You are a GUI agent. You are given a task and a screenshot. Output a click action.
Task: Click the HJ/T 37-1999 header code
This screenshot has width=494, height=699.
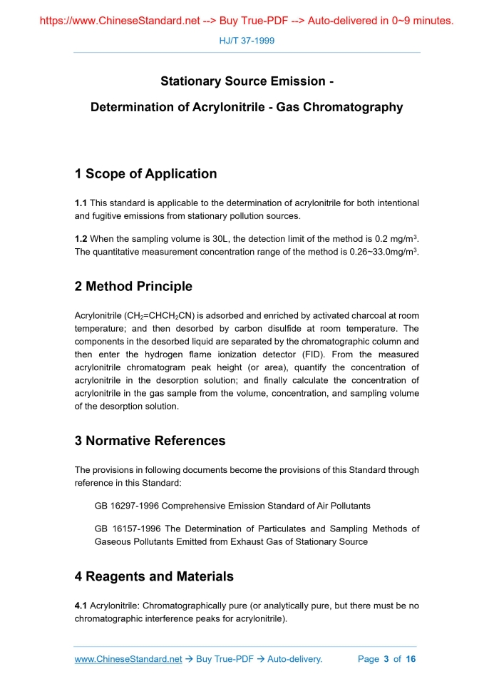[246, 41]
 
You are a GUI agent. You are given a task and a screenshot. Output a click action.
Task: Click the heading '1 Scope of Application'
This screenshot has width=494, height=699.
[145, 174]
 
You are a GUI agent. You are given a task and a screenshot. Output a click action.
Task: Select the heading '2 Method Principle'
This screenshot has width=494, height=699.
[133, 287]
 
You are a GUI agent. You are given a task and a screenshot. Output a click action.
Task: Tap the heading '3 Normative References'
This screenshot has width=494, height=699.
[150, 441]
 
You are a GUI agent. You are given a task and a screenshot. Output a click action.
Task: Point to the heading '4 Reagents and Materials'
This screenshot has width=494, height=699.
[154, 576]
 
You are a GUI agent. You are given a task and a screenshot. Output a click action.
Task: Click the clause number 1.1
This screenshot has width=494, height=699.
[81, 203]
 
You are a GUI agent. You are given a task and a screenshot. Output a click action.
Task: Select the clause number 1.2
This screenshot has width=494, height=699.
[81, 240]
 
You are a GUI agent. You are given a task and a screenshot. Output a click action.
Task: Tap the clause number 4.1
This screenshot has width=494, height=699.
[81, 606]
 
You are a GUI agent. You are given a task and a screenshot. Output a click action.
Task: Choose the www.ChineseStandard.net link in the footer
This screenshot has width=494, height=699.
[128, 659]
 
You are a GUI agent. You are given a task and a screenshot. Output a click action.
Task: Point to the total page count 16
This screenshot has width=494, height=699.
[411, 659]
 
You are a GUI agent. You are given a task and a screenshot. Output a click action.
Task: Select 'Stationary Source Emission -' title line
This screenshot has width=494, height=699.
[247, 82]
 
